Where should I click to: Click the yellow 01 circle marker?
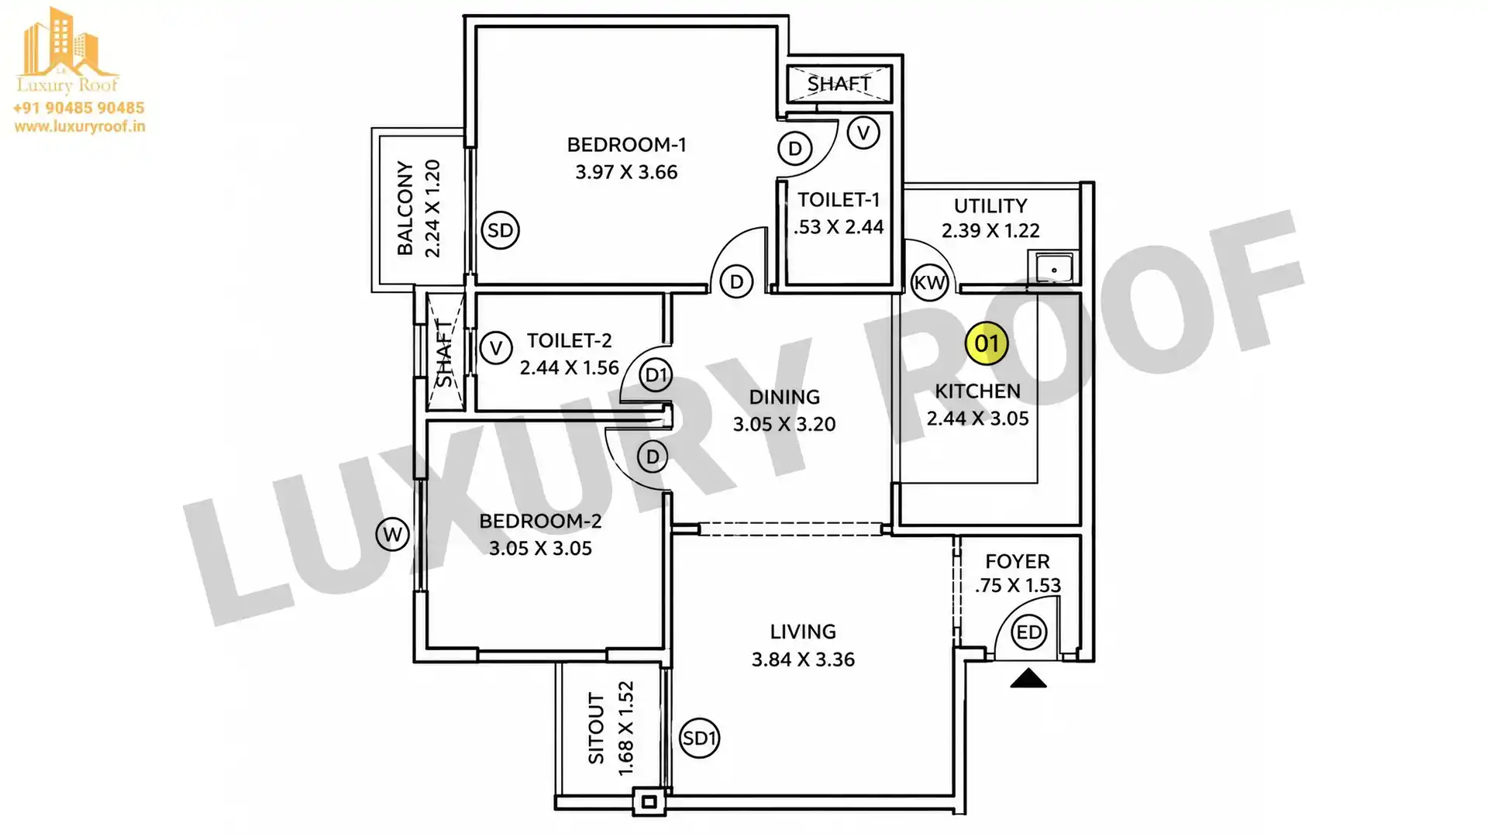coord(987,343)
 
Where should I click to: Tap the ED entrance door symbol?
coord(1029,632)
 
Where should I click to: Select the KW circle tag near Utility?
coord(930,283)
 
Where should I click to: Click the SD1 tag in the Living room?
coord(699,739)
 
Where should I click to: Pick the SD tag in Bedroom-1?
coord(501,230)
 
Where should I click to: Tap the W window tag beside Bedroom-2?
coord(393,534)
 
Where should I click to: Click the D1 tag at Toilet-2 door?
coord(656,375)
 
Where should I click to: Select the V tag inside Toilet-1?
coord(863,133)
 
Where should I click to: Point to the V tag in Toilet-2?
coord(496,348)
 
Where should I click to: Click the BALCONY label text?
coord(405,208)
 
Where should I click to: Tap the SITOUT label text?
coord(596,728)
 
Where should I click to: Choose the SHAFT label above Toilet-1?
coord(839,83)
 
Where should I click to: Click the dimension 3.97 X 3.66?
coord(626,172)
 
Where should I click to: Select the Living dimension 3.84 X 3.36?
coord(803,660)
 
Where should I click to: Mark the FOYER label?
coord(1018,561)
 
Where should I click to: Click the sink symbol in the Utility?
coord(1053,268)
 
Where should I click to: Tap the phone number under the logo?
coord(79,108)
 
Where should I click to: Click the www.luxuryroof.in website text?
coord(80,126)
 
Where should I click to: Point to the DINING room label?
coord(784,397)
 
